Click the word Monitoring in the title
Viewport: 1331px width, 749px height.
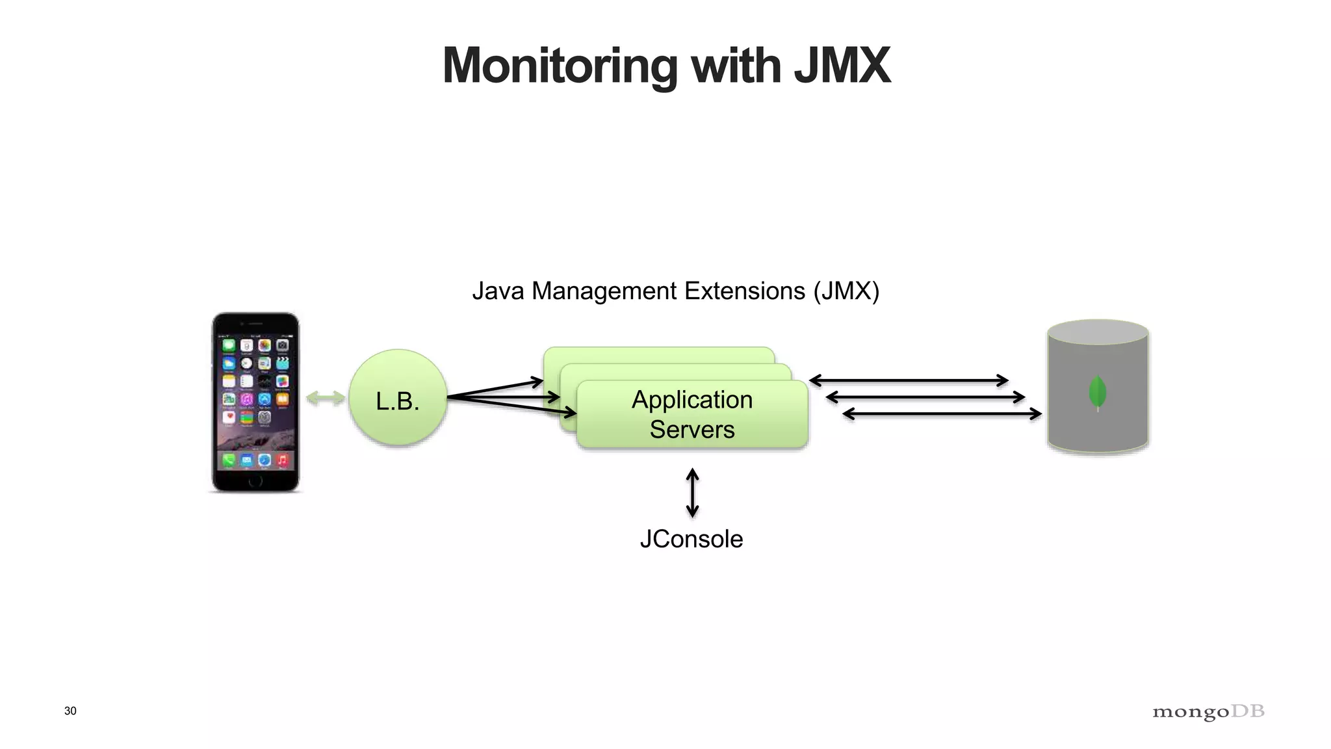click(x=560, y=66)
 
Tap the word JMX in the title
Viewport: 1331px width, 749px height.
click(x=842, y=66)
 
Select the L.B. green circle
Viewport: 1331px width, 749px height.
click(x=398, y=398)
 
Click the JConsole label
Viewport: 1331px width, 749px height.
click(x=691, y=539)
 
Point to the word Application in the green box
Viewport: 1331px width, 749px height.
click(x=692, y=399)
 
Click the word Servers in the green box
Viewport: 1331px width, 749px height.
click(x=692, y=429)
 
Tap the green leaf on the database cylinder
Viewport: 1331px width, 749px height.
click(x=1097, y=392)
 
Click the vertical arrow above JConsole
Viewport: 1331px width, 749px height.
click(x=693, y=493)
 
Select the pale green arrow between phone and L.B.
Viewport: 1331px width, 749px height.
click(x=325, y=398)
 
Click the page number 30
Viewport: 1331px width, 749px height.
click(x=70, y=711)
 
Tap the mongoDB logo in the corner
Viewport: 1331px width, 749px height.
click(x=1208, y=711)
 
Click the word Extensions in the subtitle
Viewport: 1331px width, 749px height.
click(x=744, y=291)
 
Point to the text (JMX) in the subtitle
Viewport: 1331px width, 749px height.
click(x=846, y=291)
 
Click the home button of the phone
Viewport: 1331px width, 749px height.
click(x=255, y=481)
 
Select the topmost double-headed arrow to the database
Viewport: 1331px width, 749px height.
click(x=908, y=380)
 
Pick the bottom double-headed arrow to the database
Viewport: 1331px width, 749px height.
click(x=942, y=414)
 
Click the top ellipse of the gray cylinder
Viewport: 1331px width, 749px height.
click(x=1098, y=332)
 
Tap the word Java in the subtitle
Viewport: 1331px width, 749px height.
click(x=498, y=291)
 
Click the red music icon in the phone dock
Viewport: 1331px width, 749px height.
click(x=282, y=460)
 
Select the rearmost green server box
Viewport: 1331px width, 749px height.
click(x=658, y=354)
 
